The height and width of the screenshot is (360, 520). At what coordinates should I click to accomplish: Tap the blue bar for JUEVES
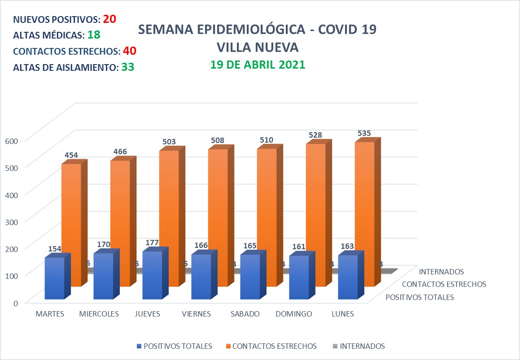(x=152, y=275)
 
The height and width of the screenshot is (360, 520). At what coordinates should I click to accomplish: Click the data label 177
(x=152, y=243)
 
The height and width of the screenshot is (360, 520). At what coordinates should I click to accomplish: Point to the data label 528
(x=315, y=135)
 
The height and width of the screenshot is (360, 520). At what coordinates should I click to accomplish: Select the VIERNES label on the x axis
(x=196, y=314)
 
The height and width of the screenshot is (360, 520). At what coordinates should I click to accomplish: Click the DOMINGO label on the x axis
(x=294, y=314)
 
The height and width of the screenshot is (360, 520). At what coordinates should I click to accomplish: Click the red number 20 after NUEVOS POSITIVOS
(x=109, y=19)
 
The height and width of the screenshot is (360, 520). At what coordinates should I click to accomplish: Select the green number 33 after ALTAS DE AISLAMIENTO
(x=128, y=67)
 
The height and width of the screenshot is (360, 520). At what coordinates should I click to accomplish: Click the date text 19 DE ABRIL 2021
(x=258, y=65)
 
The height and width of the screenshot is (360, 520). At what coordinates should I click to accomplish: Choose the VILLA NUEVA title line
(x=257, y=47)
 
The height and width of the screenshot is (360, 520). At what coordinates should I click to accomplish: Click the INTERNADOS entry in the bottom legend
(x=362, y=346)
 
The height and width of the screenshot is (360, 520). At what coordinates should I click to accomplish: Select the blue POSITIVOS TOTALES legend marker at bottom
(x=139, y=346)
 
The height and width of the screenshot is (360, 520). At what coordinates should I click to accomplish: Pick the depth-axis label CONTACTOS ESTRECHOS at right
(x=444, y=284)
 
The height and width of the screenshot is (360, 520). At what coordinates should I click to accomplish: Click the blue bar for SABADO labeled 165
(x=250, y=277)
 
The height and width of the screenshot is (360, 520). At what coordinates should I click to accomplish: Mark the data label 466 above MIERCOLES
(x=120, y=152)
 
